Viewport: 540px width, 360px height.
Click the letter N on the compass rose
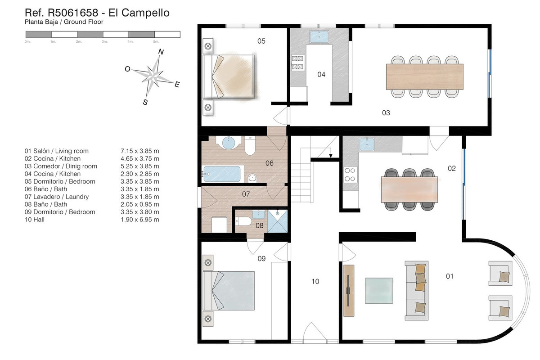click(161, 52)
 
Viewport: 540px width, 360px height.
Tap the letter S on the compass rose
click(145, 102)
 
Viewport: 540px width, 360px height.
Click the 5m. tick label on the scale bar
click(156, 41)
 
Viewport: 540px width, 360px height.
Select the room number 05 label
click(261, 41)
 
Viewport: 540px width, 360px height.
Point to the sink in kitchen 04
click(319, 36)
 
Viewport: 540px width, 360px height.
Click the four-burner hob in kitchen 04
click(298, 63)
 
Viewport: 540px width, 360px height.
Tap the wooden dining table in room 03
click(424, 76)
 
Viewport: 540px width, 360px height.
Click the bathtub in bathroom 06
click(222, 174)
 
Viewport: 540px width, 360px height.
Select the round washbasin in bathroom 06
click(228, 143)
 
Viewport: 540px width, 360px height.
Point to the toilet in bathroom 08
click(243, 221)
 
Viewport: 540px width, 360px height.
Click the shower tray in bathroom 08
click(278, 221)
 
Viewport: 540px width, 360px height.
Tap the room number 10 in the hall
click(315, 281)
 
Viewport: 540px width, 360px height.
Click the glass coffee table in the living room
click(379, 291)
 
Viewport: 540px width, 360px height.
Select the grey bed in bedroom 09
click(229, 291)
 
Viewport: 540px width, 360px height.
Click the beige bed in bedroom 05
click(229, 76)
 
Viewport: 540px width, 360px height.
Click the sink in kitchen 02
click(367, 144)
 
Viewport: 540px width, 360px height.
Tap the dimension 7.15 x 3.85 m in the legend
click(140, 151)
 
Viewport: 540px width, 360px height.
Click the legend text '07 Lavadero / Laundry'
click(57, 197)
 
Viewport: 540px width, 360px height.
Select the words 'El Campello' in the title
click(139, 13)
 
